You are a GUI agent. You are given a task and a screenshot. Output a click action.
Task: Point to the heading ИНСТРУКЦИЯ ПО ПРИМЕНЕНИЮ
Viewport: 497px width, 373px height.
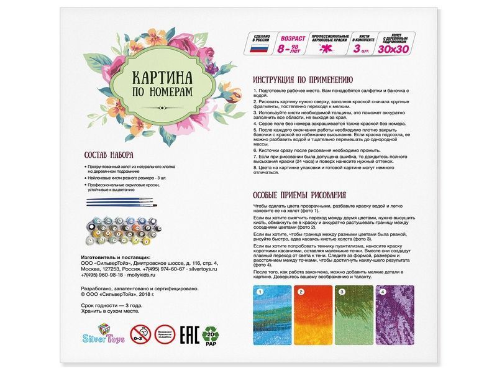pyautogui.click(x=303, y=80)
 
